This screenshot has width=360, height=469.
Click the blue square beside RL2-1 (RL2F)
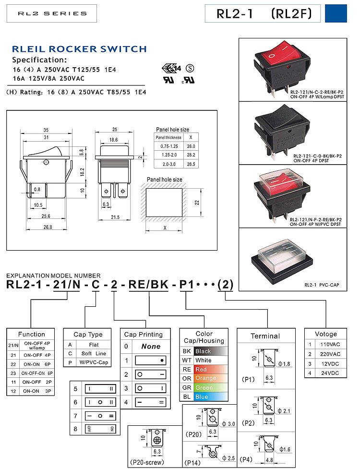(336, 13)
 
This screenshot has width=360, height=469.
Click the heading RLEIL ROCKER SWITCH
(79, 49)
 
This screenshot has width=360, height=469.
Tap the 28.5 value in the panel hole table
(192, 164)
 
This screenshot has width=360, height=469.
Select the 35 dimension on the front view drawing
(46, 130)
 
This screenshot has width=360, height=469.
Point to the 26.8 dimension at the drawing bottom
(46, 227)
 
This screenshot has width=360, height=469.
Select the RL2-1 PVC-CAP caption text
(321, 285)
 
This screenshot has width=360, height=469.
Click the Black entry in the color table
(203, 351)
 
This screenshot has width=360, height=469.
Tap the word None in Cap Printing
(150, 346)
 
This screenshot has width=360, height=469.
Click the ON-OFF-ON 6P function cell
(36, 373)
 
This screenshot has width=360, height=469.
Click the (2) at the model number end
(225, 285)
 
